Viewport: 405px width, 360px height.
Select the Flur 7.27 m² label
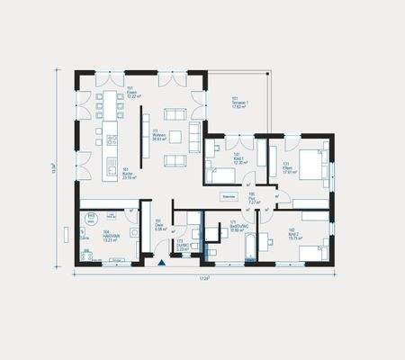pyautogui.click(x=254, y=200)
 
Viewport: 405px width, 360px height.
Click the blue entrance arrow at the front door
pyautogui.click(x=161, y=263)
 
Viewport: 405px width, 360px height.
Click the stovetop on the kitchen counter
pyautogui.click(x=112, y=139)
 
